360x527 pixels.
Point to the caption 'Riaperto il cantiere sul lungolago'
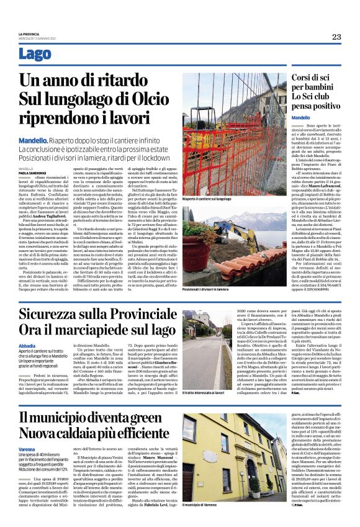[212, 199]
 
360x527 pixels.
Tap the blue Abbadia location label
[27, 345]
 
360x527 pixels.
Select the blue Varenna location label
[27, 448]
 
